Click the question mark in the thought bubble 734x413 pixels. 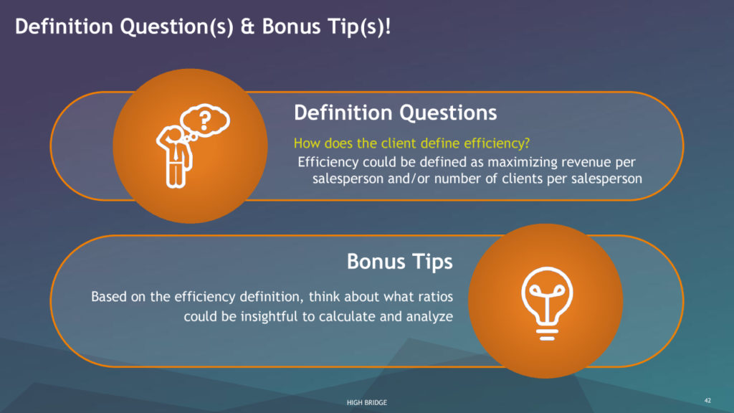[204, 120]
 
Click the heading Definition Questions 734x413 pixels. [395, 113]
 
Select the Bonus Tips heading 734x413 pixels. [400, 261]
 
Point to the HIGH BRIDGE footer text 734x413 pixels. [367, 402]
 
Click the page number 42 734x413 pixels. [707, 400]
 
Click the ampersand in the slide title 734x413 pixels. [247, 27]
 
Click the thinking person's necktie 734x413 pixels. [176, 151]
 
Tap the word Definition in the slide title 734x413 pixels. [64, 27]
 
